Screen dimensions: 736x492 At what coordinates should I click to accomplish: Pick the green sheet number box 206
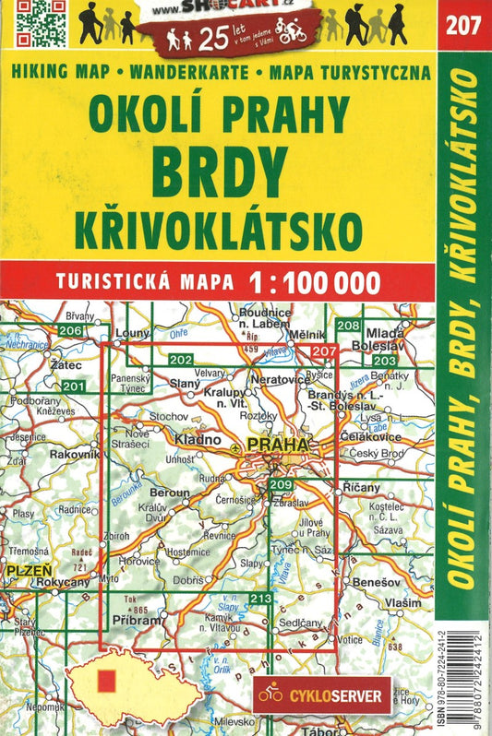(x=70, y=330)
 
